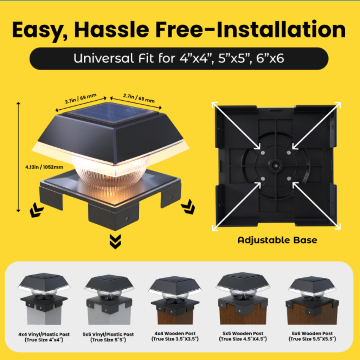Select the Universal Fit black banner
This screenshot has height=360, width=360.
pyautogui.click(x=179, y=59)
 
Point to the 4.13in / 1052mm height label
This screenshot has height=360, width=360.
pyautogui.click(x=44, y=167)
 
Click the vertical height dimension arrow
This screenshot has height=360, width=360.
pyautogui.click(x=18, y=157)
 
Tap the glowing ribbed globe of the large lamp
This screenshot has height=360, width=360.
pyautogui.click(x=111, y=169)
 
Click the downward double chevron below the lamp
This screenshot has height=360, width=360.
pyautogui.click(x=115, y=242)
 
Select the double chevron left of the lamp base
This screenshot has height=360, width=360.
pyautogui.click(x=36, y=210)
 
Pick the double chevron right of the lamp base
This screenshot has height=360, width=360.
pyautogui.click(x=188, y=207)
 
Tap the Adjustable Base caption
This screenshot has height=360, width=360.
pyautogui.click(x=277, y=240)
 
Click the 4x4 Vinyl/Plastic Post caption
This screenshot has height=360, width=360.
pyautogui.click(x=44, y=337)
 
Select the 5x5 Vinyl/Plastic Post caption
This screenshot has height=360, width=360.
pyautogui.click(x=108, y=337)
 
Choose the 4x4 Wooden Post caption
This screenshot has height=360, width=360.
pyautogui.click(x=175, y=336)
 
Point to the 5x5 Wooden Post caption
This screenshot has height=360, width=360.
pyautogui.click(x=243, y=336)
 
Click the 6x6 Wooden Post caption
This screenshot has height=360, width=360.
pyautogui.click(x=312, y=336)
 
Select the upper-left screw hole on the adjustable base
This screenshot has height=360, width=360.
pyautogui.click(x=263, y=153)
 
